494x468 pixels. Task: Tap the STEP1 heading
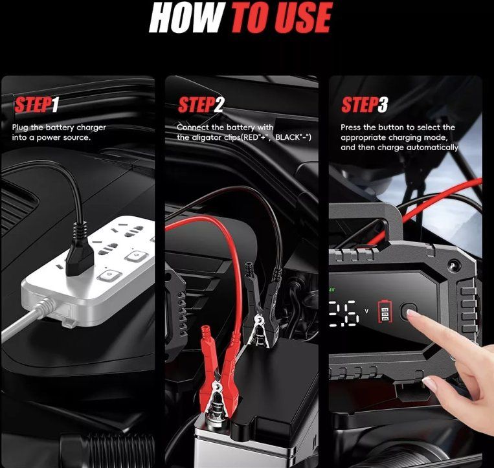click(x=36, y=105)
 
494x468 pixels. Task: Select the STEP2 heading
click(x=201, y=105)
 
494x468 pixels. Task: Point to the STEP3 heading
click(x=365, y=105)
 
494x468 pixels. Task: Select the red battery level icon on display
click(x=385, y=311)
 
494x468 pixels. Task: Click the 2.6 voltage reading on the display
click(x=344, y=313)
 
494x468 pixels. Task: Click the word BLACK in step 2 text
click(x=286, y=137)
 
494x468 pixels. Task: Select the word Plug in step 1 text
click(x=21, y=128)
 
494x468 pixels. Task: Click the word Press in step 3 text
click(x=351, y=128)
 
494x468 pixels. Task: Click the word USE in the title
click(x=304, y=17)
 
